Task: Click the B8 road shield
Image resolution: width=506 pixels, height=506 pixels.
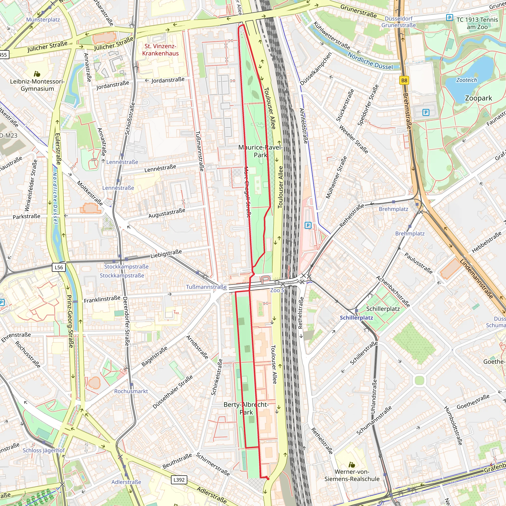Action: pyautogui.click(x=404, y=80)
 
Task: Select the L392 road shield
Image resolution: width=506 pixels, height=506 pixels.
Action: pyautogui.click(x=179, y=480)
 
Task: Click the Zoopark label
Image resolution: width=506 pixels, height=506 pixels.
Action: pyautogui.click(x=478, y=98)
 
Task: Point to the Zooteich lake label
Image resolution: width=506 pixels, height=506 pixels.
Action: pyautogui.click(x=466, y=80)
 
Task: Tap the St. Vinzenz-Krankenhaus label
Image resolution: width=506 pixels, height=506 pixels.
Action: pyautogui.click(x=160, y=50)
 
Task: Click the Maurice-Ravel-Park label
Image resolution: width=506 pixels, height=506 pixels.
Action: pyautogui.click(x=260, y=151)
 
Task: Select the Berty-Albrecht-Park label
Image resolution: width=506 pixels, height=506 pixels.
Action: pyautogui.click(x=246, y=408)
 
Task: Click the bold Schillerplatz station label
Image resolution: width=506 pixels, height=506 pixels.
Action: pyautogui.click(x=356, y=318)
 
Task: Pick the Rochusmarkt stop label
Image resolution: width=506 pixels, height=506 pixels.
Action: pyautogui.click(x=131, y=391)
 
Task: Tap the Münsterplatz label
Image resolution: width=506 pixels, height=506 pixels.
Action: pyautogui.click(x=43, y=20)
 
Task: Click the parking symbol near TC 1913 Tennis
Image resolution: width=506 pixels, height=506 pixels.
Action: pyautogui.click(x=449, y=18)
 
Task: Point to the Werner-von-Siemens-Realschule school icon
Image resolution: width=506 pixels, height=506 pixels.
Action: pyautogui.click(x=352, y=465)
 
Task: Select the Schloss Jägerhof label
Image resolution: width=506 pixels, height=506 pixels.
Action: pyautogui.click(x=43, y=450)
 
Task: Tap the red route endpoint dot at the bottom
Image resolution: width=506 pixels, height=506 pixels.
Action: pyautogui.click(x=268, y=479)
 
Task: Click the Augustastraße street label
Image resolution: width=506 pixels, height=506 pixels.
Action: pyautogui.click(x=167, y=213)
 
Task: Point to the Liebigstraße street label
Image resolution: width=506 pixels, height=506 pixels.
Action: pyautogui.click(x=166, y=253)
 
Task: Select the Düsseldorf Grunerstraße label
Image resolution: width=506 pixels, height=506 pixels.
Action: pyautogui.click(x=398, y=22)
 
